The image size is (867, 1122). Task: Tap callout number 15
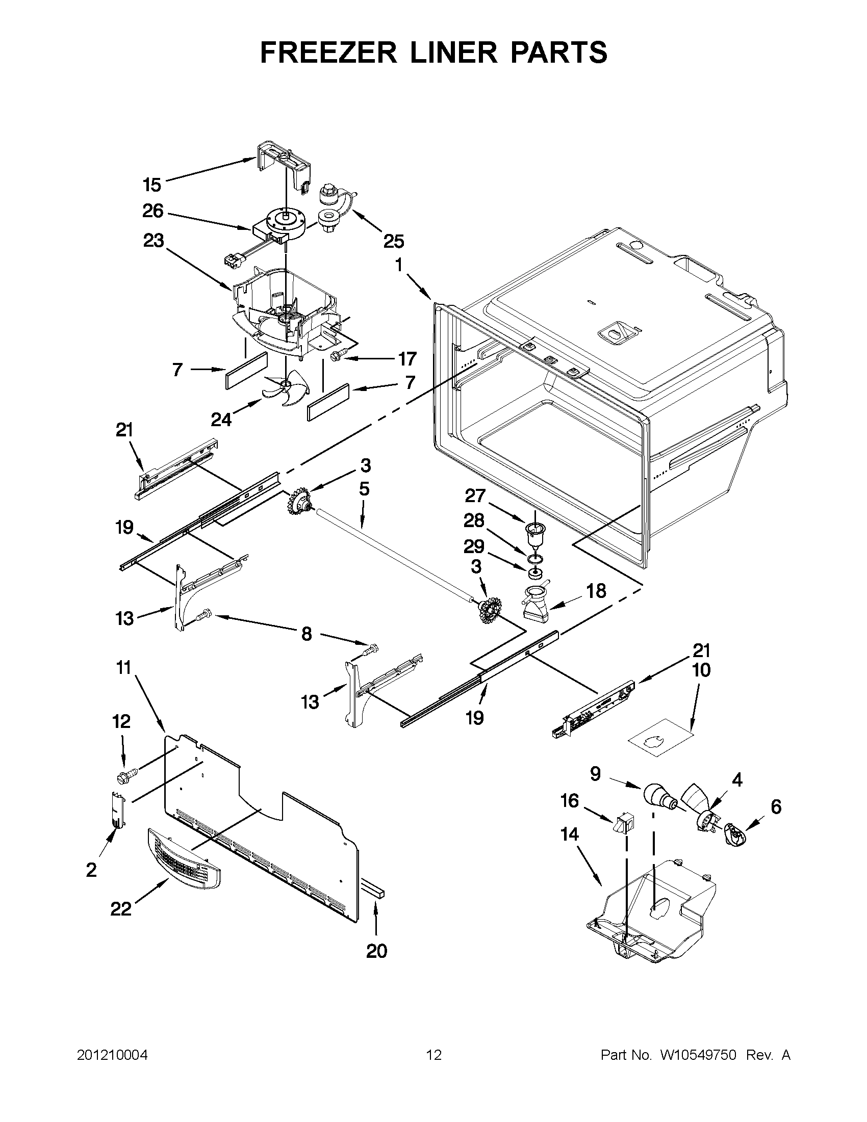point(152,185)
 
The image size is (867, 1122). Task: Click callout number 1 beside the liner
point(399,265)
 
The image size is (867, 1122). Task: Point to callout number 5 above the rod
point(364,489)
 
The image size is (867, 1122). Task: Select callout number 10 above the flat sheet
point(702,670)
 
